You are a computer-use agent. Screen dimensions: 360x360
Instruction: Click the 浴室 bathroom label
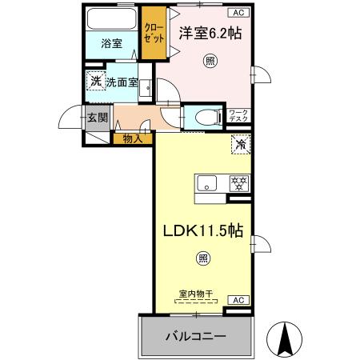click(111, 43)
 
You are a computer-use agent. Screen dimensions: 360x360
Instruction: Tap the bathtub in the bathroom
click(111, 19)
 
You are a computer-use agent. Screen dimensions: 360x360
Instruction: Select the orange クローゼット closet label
click(152, 32)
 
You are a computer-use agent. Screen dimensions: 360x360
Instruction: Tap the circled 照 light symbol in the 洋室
click(210, 61)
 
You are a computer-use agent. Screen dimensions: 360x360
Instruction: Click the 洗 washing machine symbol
click(95, 82)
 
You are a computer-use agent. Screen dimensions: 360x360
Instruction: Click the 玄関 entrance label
click(97, 118)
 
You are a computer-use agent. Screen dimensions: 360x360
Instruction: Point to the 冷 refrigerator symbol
click(240, 145)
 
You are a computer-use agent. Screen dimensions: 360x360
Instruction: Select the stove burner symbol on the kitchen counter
click(238, 182)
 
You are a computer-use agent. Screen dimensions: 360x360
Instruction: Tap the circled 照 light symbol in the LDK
click(203, 258)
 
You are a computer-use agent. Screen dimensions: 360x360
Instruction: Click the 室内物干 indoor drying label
click(195, 294)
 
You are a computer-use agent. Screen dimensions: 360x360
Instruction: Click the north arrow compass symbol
click(283, 337)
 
